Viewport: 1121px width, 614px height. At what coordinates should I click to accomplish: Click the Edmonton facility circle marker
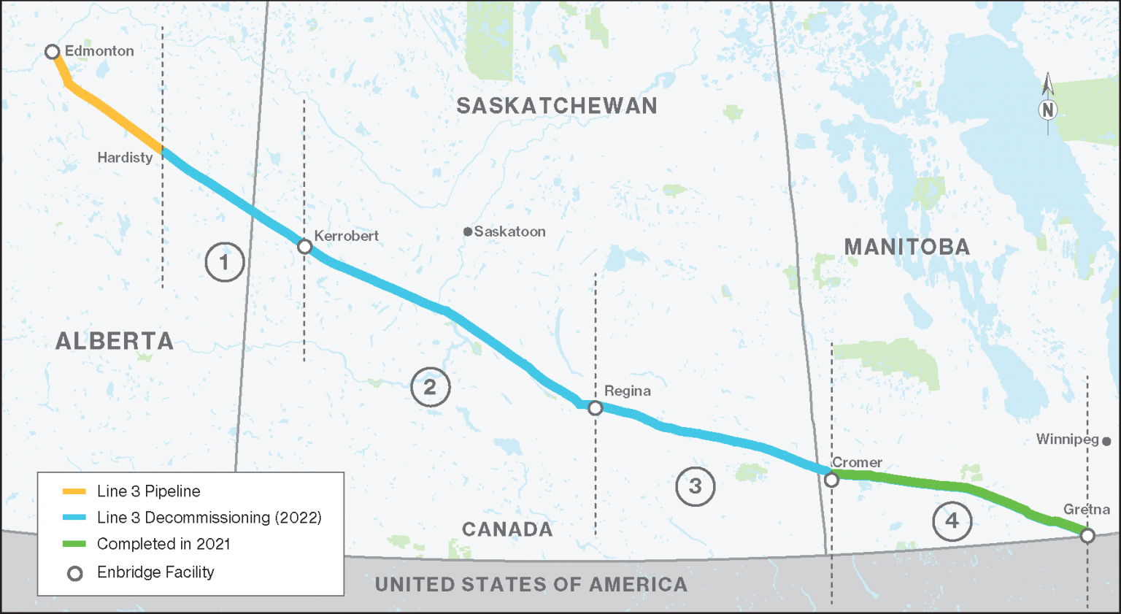tap(52, 52)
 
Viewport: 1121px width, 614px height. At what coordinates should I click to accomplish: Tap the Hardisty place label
tap(125, 158)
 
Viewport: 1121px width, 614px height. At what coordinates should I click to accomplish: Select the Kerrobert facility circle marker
tap(305, 247)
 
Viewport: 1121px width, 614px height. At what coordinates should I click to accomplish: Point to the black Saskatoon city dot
tap(468, 231)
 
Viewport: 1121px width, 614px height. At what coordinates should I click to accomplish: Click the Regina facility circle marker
tap(596, 408)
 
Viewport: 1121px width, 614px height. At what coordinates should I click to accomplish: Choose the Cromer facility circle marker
tap(831, 480)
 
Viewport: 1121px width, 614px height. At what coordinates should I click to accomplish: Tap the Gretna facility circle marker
tap(1087, 536)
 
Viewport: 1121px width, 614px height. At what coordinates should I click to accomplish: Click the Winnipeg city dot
tap(1106, 441)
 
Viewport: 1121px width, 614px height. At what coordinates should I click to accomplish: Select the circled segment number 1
tap(224, 262)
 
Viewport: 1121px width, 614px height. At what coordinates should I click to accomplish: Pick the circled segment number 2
tap(430, 387)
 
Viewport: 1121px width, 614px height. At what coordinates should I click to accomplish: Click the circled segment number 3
tap(695, 486)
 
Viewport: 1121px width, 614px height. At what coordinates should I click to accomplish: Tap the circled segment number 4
tap(952, 521)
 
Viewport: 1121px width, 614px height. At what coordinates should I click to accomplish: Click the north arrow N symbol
tap(1048, 110)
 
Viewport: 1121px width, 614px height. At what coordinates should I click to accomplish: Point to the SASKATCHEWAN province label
tap(557, 107)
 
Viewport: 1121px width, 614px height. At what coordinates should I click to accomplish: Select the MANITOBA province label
tap(907, 247)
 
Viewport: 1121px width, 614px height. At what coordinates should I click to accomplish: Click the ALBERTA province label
tap(115, 341)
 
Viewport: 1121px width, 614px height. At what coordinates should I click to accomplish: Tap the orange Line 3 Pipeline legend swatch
tap(74, 491)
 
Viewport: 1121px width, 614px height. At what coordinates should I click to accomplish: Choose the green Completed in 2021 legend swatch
tap(74, 544)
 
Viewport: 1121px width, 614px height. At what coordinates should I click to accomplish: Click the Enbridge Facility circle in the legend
tap(74, 573)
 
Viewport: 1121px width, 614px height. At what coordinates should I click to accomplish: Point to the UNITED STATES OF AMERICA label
tap(531, 585)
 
